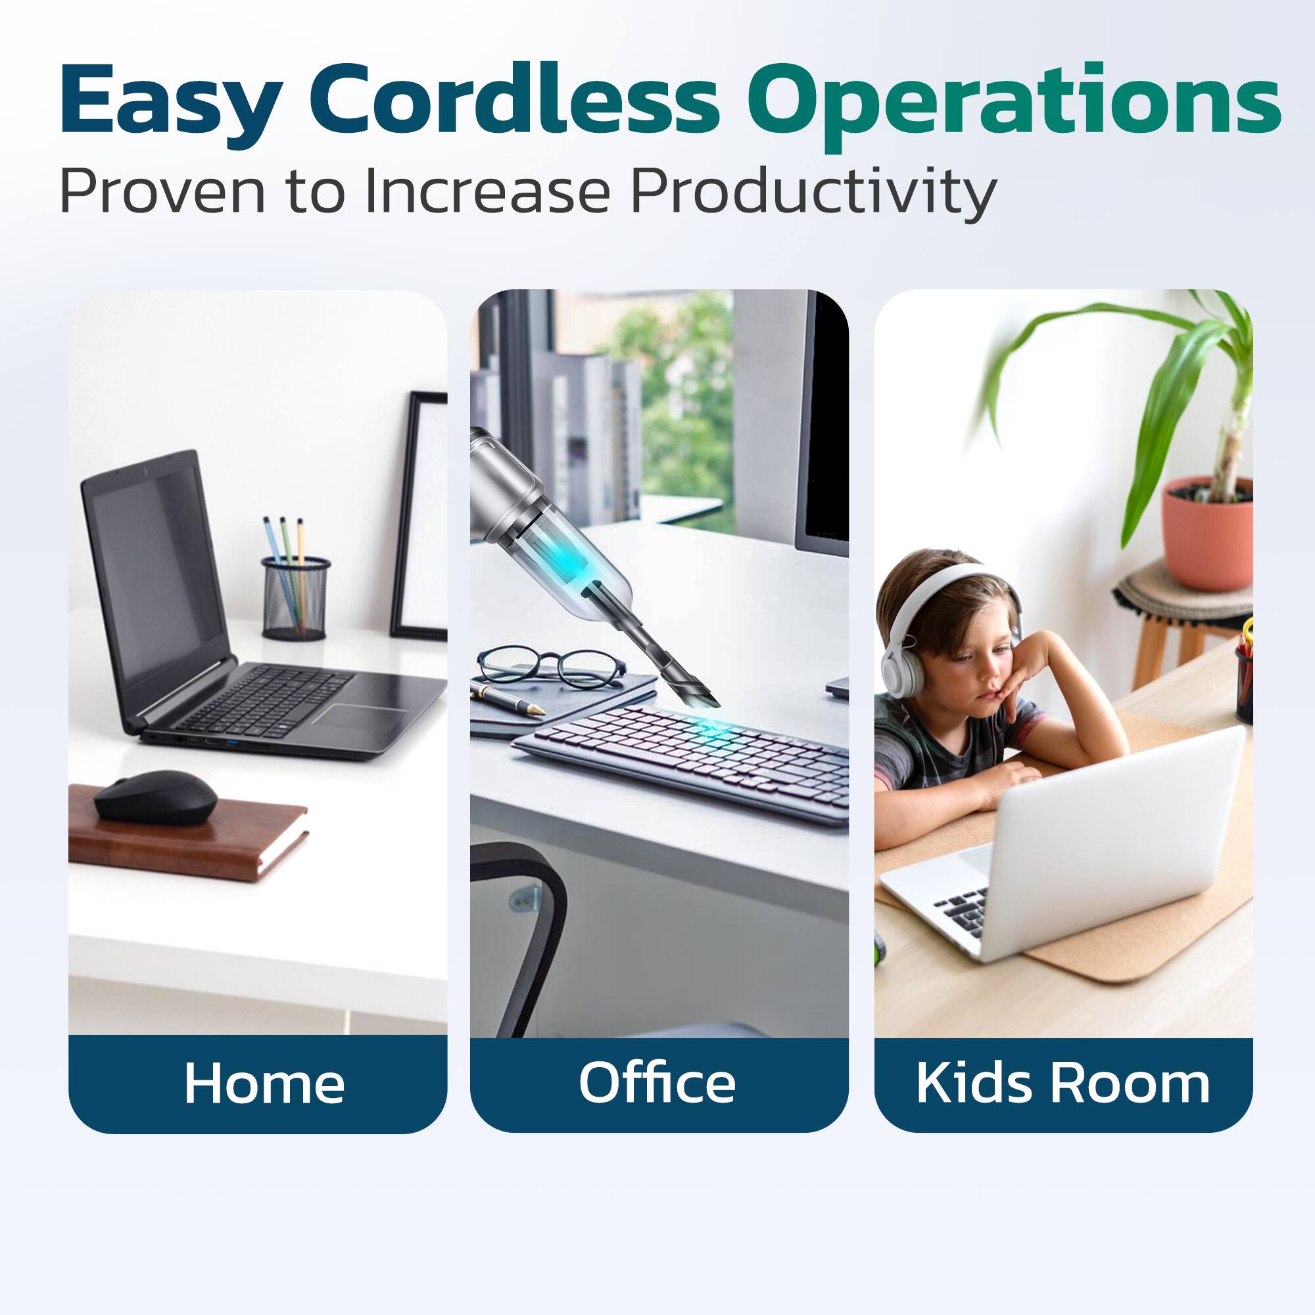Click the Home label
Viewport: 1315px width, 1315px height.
tap(264, 1083)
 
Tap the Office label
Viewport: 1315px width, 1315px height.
tap(657, 1083)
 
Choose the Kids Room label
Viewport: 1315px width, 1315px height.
tap(1063, 1083)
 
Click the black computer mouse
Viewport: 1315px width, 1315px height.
tap(156, 796)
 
